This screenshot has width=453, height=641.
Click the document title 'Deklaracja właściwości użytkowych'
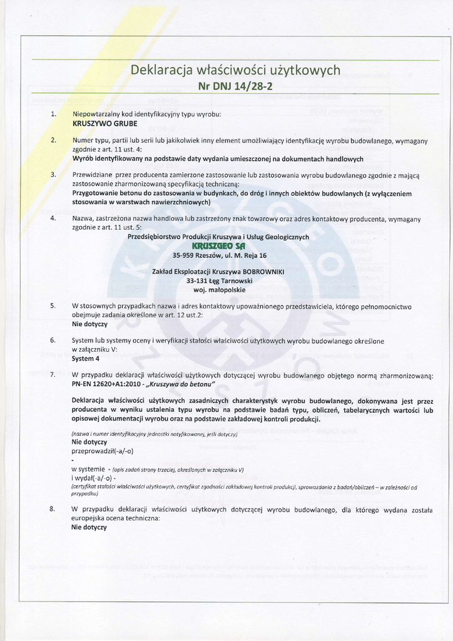[x=235, y=70]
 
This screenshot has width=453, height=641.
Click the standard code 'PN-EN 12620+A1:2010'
[x=103, y=384]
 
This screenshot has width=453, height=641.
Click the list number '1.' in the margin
[x=54, y=115]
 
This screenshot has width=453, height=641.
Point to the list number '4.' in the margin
[x=54, y=218]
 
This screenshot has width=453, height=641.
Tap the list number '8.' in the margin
[x=54, y=509]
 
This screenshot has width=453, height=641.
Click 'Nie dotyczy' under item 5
[x=90, y=324]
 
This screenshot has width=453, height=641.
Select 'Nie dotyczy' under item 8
[x=90, y=527]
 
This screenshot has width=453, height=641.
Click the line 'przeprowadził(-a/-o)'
[x=103, y=451]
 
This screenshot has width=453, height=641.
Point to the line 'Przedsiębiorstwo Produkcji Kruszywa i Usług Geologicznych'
[x=218, y=237]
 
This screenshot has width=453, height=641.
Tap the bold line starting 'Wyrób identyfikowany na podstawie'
[x=218, y=159]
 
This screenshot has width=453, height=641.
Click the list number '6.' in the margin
[x=54, y=341]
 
